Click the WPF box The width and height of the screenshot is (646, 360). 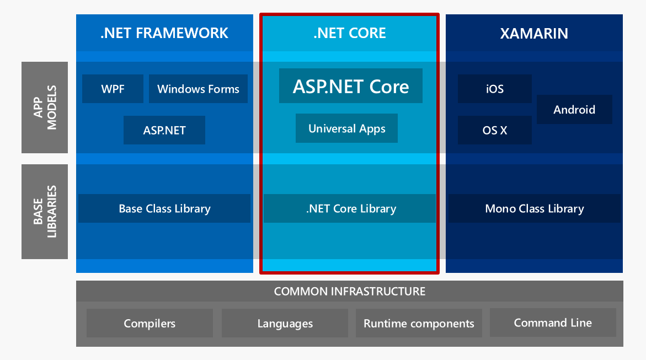click(113, 89)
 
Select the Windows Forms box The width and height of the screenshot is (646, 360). click(198, 89)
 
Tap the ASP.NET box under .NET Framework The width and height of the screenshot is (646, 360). click(164, 130)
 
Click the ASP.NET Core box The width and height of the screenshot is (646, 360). click(351, 86)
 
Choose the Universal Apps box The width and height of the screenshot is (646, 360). click(346, 128)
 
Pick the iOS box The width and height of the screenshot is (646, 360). click(495, 89)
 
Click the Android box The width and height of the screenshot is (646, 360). click(574, 109)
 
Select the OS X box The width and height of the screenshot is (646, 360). click(495, 130)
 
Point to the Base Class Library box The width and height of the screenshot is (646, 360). click(164, 208)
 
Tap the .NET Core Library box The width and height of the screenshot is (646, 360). click(350, 208)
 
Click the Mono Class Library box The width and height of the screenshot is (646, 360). click(534, 208)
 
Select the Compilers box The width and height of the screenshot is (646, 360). click(150, 323)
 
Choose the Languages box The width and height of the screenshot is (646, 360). click(285, 323)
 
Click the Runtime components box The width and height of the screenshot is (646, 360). click(419, 323)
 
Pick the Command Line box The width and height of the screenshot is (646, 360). click(553, 323)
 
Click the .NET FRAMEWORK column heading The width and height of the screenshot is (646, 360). click(164, 33)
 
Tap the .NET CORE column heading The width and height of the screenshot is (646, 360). click(350, 33)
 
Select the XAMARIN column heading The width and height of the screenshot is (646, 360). click(534, 33)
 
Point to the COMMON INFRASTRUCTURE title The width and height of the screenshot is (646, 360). click(350, 291)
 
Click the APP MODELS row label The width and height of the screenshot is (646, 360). click(45, 108)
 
